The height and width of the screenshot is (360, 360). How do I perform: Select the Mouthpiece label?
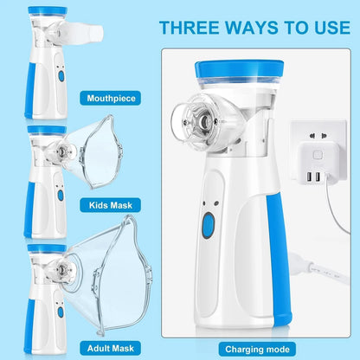(111, 98)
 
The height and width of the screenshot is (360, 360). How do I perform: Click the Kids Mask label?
(111, 206)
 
